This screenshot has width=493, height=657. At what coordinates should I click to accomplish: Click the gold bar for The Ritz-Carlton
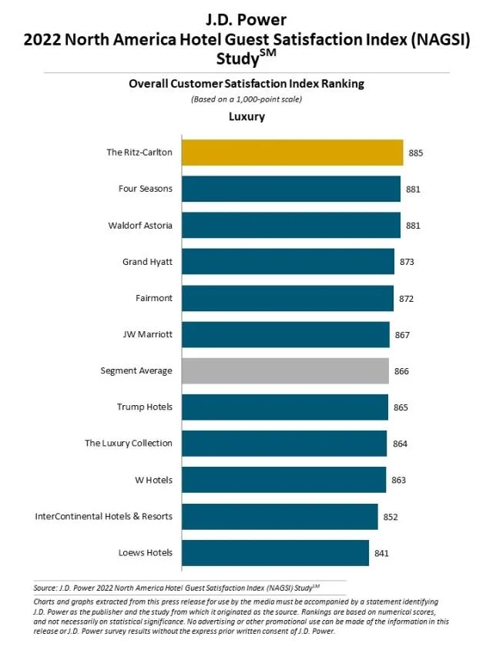(x=292, y=153)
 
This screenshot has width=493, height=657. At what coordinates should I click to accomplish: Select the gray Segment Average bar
(x=285, y=371)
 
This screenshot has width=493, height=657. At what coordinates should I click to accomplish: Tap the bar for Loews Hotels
(x=275, y=553)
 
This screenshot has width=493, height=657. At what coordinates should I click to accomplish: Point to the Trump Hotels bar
(x=284, y=407)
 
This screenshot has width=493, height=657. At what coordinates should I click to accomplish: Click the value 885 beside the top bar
(x=416, y=153)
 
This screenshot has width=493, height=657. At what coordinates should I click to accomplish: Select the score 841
(x=381, y=553)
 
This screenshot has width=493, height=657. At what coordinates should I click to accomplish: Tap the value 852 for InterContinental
(x=391, y=517)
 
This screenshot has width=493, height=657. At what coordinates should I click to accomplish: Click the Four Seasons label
(x=146, y=189)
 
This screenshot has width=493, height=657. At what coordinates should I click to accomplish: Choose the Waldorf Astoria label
(x=140, y=226)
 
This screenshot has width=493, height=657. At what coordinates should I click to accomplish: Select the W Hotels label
(x=153, y=481)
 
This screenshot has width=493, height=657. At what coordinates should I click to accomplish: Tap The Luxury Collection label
(x=129, y=444)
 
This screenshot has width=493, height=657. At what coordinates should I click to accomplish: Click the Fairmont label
(x=153, y=298)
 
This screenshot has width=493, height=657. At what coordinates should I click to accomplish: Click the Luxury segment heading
(x=246, y=117)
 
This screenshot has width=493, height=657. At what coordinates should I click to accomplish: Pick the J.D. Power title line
(x=246, y=19)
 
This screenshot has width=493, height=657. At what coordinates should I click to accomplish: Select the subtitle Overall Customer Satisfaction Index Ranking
(x=246, y=84)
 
